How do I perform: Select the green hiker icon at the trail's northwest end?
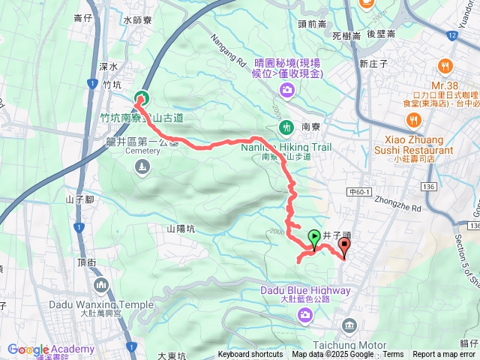click(x=140, y=98)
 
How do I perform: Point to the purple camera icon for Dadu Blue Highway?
click(x=305, y=313)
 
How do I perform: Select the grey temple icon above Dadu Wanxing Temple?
click(x=102, y=285)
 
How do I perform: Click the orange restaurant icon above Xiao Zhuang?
click(x=412, y=120)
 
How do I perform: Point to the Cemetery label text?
click(x=142, y=151)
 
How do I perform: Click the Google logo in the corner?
click(x=28, y=349)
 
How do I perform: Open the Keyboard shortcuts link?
click(x=250, y=355)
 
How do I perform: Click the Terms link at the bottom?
click(x=393, y=355)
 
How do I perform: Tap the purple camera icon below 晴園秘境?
click(x=286, y=91)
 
